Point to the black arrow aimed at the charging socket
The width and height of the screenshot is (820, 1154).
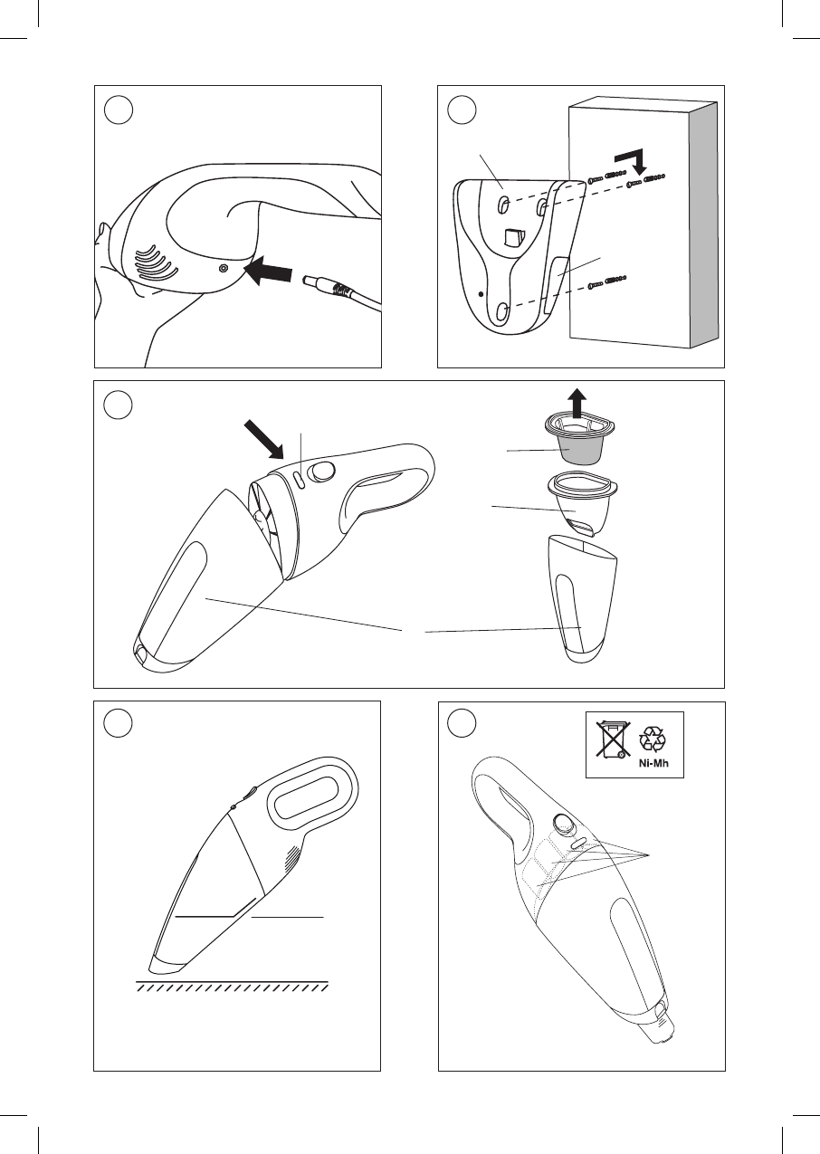click(x=270, y=273)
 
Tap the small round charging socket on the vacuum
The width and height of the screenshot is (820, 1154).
click(x=223, y=269)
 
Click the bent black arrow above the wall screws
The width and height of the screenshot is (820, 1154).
click(x=634, y=160)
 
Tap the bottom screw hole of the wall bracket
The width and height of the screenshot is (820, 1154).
click(x=502, y=310)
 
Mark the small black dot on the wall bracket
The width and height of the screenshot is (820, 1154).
click(x=482, y=293)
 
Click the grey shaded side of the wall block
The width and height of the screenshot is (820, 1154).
click(x=703, y=224)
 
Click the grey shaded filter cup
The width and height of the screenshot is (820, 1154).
click(x=582, y=448)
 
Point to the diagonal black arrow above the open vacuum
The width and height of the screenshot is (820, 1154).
click(x=263, y=439)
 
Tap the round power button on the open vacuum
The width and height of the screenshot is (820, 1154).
click(x=322, y=472)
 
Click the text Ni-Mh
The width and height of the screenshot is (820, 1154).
click(x=653, y=763)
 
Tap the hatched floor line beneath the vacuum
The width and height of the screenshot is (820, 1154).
click(x=232, y=986)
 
